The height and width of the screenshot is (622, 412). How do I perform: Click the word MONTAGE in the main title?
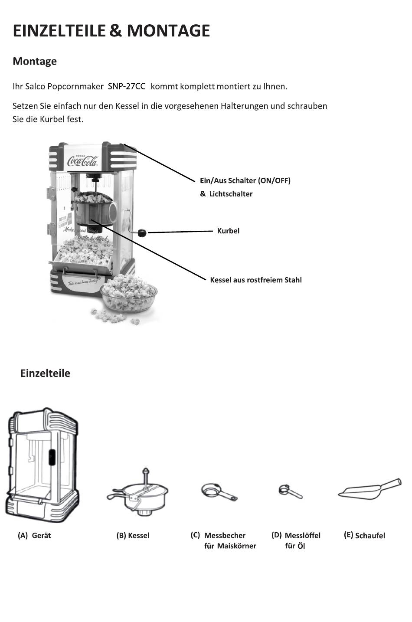tap(168, 31)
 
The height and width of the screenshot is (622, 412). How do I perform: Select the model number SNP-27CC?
tap(126, 86)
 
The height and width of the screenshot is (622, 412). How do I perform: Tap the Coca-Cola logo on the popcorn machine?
tap(82, 162)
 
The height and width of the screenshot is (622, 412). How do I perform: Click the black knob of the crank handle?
tap(142, 233)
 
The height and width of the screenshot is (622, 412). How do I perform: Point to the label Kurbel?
tap(228, 231)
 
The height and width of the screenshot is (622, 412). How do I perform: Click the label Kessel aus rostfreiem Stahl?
tap(255, 280)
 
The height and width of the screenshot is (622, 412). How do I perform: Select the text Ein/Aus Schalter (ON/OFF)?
tap(245, 180)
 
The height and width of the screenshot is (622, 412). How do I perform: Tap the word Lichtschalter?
tap(231, 194)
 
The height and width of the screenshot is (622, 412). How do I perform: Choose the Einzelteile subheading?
tap(45, 373)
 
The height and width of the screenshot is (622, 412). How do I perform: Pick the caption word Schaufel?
tap(370, 536)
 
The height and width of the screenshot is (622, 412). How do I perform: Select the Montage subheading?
tap(35, 61)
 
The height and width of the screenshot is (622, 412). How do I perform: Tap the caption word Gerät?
tap(41, 536)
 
